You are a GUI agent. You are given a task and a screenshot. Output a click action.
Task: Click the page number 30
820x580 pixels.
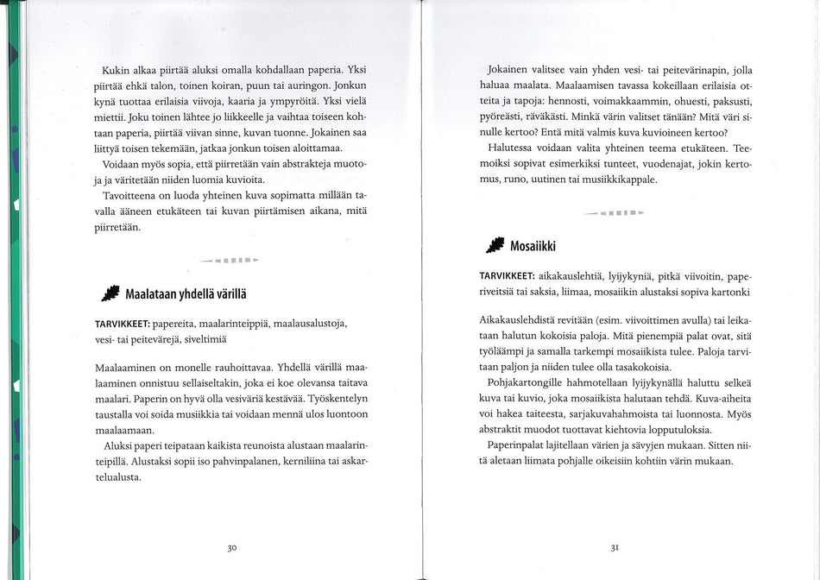(232, 547)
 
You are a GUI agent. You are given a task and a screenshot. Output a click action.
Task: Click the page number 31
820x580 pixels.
(615, 547)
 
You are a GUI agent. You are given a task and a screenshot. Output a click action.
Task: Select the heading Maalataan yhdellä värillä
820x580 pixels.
(186, 294)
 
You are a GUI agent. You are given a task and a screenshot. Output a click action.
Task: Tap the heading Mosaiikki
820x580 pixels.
(533, 246)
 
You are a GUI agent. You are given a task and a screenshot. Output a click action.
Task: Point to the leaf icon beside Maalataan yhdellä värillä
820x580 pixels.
(110, 294)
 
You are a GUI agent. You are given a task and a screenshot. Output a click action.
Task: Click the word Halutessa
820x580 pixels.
(517, 148)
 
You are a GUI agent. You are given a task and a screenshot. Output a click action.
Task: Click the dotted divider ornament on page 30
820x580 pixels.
(230, 259)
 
